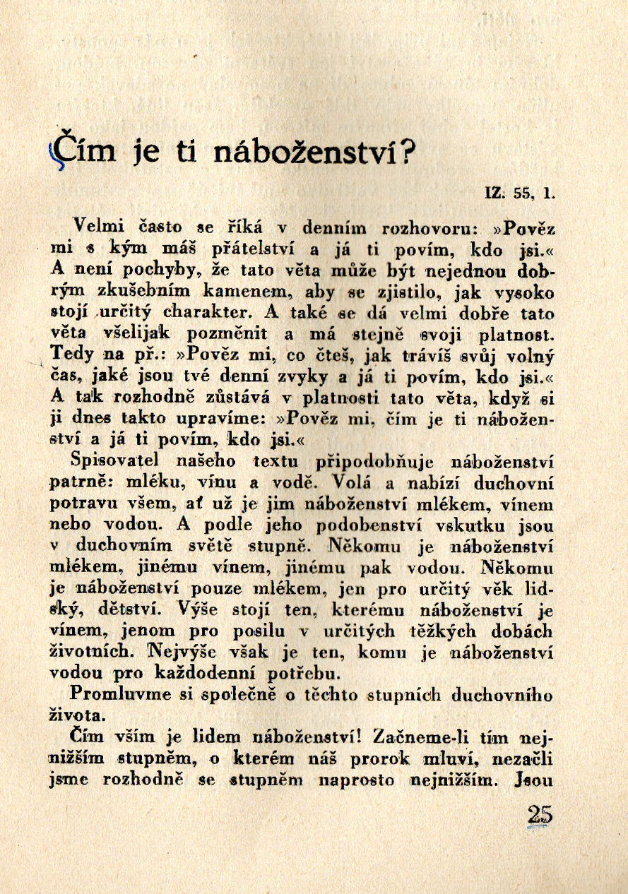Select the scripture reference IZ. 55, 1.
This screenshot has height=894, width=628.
point(519,191)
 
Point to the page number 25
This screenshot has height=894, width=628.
point(540,815)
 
